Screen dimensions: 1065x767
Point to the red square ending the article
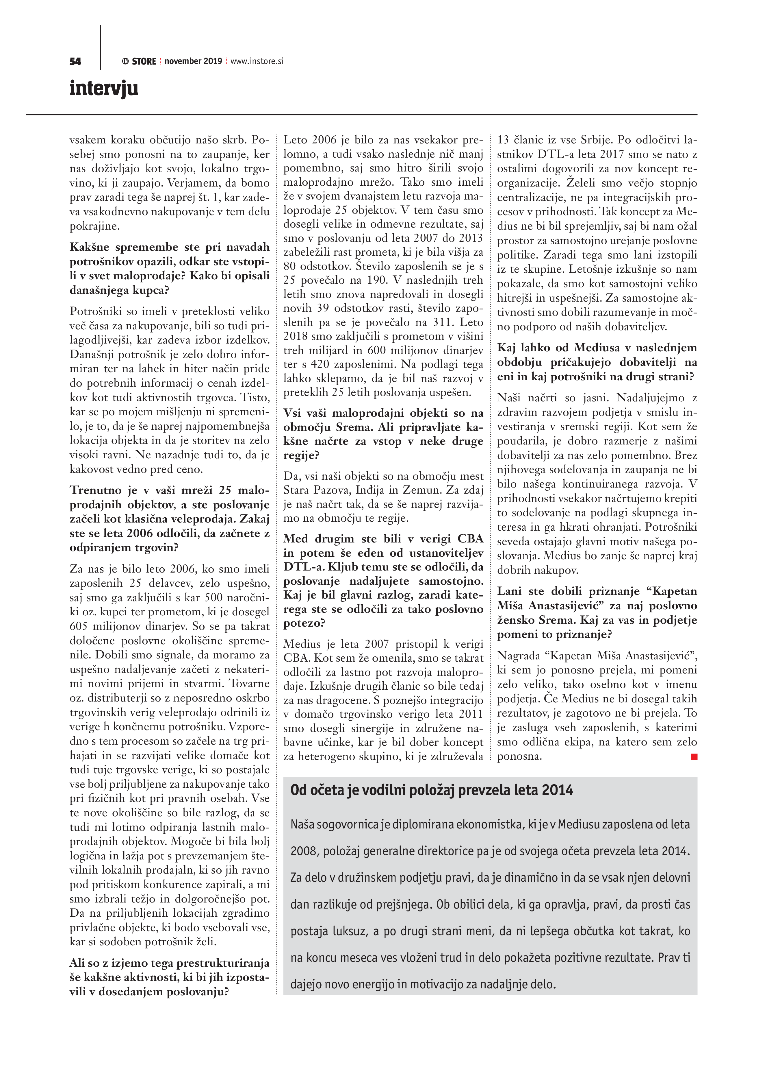click(694, 756)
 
